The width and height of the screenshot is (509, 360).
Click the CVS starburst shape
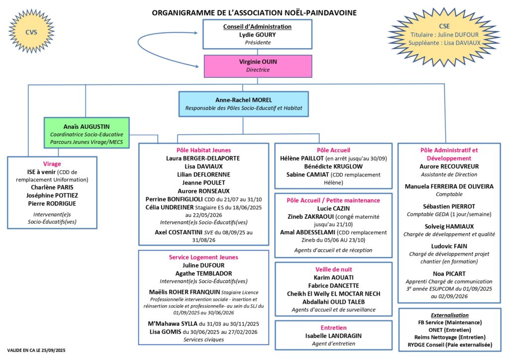coord(31,32)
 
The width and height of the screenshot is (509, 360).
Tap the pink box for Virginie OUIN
coord(257,66)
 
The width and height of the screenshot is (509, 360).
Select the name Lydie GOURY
coord(257,35)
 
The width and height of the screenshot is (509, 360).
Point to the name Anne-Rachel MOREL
coord(243,100)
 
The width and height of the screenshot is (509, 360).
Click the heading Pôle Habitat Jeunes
coord(204,150)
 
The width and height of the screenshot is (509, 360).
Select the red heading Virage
coord(52,163)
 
